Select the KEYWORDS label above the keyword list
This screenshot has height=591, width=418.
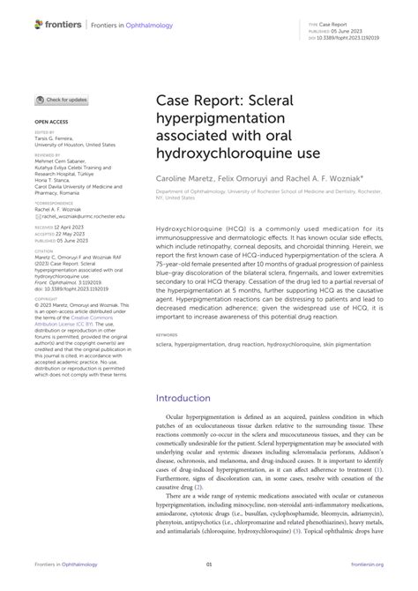[x=166, y=360]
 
